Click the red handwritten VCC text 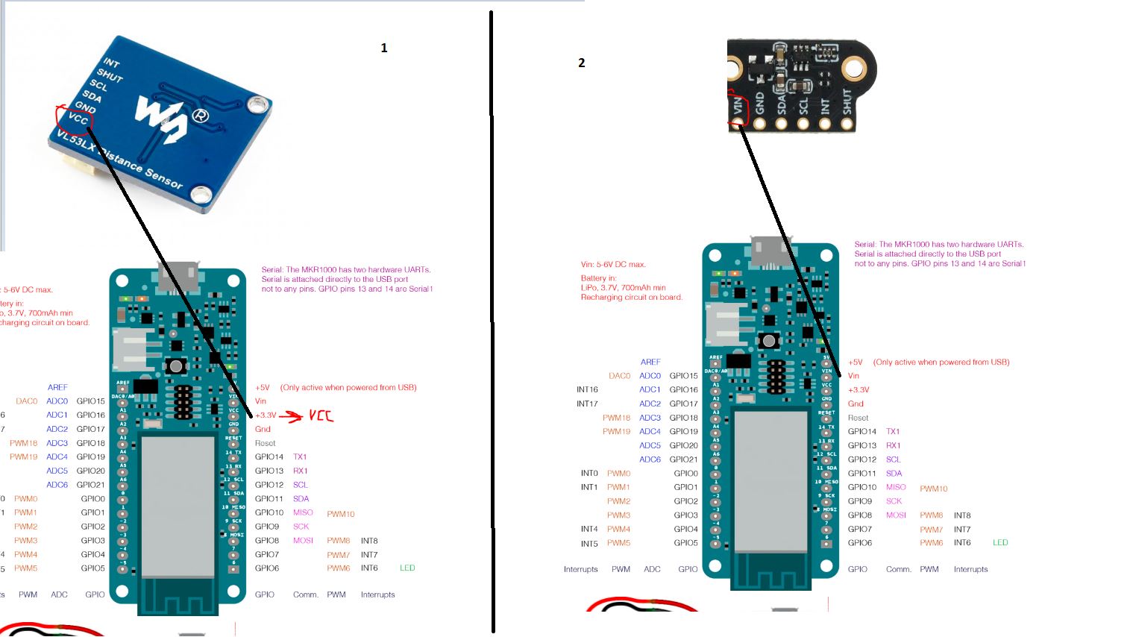(x=321, y=415)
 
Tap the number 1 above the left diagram (x=384, y=48)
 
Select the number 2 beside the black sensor (x=582, y=63)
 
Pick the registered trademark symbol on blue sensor (x=200, y=116)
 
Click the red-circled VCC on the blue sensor (x=77, y=119)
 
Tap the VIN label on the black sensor (x=738, y=105)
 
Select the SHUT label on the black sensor (x=847, y=101)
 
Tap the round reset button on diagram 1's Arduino (x=176, y=366)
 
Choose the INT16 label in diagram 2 (x=587, y=389)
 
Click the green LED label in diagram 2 (x=1000, y=542)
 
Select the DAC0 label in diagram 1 (x=26, y=401)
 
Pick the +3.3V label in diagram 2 (x=859, y=389)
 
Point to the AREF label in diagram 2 (x=650, y=362)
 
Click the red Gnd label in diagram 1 (x=263, y=429)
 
